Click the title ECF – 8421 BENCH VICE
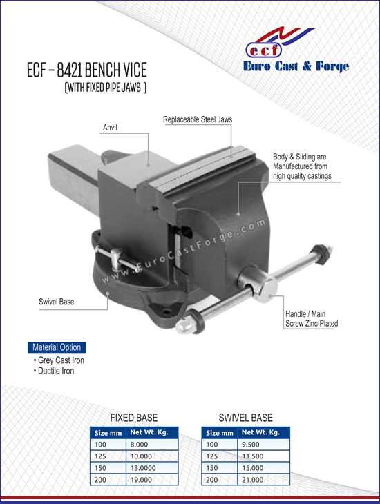(x=87, y=70)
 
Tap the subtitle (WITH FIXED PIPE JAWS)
(x=106, y=88)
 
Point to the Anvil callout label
(x=110, y=128)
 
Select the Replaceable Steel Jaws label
(x=198, y=119)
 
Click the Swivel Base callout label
(x=56, y=302)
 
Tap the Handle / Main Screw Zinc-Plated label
(x=312, y=318)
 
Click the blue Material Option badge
(x=57, y=347)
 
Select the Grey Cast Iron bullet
(x=59, y=360)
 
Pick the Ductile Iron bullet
(x=54, y=371)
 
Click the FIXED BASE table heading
(x=134, y=418)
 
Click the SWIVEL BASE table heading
(x=245, y=418)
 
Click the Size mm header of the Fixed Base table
(x=108, y=433)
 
